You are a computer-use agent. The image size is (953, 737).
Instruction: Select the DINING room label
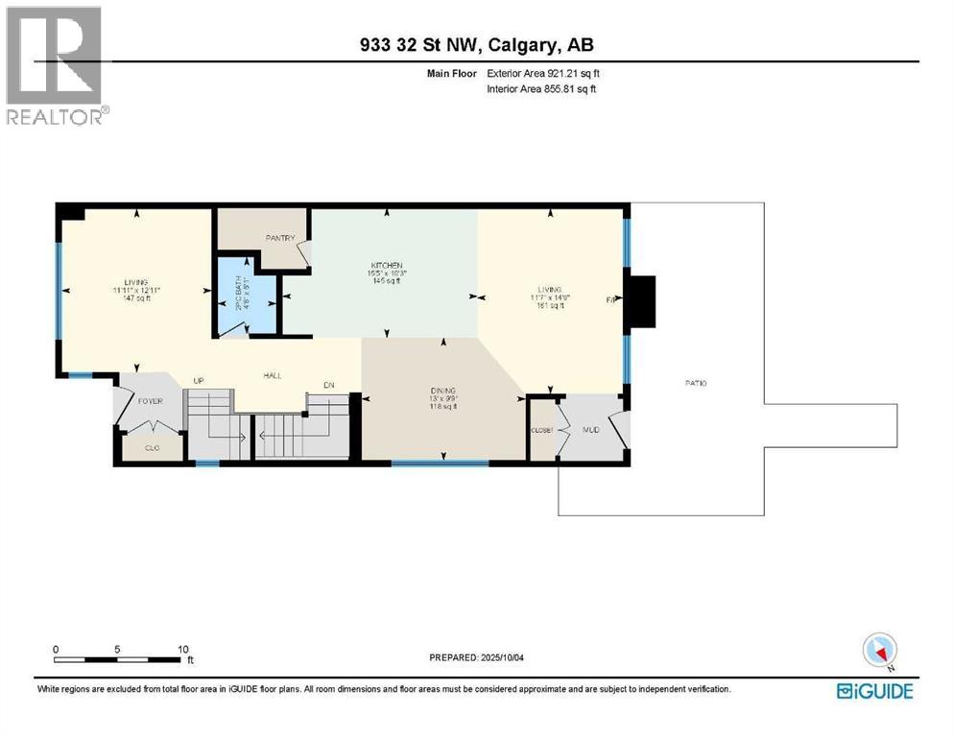coord(443,391)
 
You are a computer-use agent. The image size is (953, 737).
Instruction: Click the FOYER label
coord(151,401)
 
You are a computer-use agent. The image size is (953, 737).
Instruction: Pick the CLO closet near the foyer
coord(152,447)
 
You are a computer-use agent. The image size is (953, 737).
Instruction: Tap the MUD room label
coord(590,429)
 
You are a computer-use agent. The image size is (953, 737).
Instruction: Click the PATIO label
coord(696,383)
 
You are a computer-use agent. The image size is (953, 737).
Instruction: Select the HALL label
coord(273,376)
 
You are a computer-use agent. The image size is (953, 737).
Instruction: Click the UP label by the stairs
coord(201,381)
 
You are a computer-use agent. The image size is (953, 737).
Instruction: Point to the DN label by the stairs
coord(327,385)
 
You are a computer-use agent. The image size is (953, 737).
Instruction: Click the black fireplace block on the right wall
coord(640,302)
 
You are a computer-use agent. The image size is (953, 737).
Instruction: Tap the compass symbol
coord(879,652)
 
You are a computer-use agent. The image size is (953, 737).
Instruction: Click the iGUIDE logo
coord(874,690)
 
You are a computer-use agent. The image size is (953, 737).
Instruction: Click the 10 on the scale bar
coord(182,649)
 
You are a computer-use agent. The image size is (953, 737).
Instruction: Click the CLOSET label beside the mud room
coord(542,430)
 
